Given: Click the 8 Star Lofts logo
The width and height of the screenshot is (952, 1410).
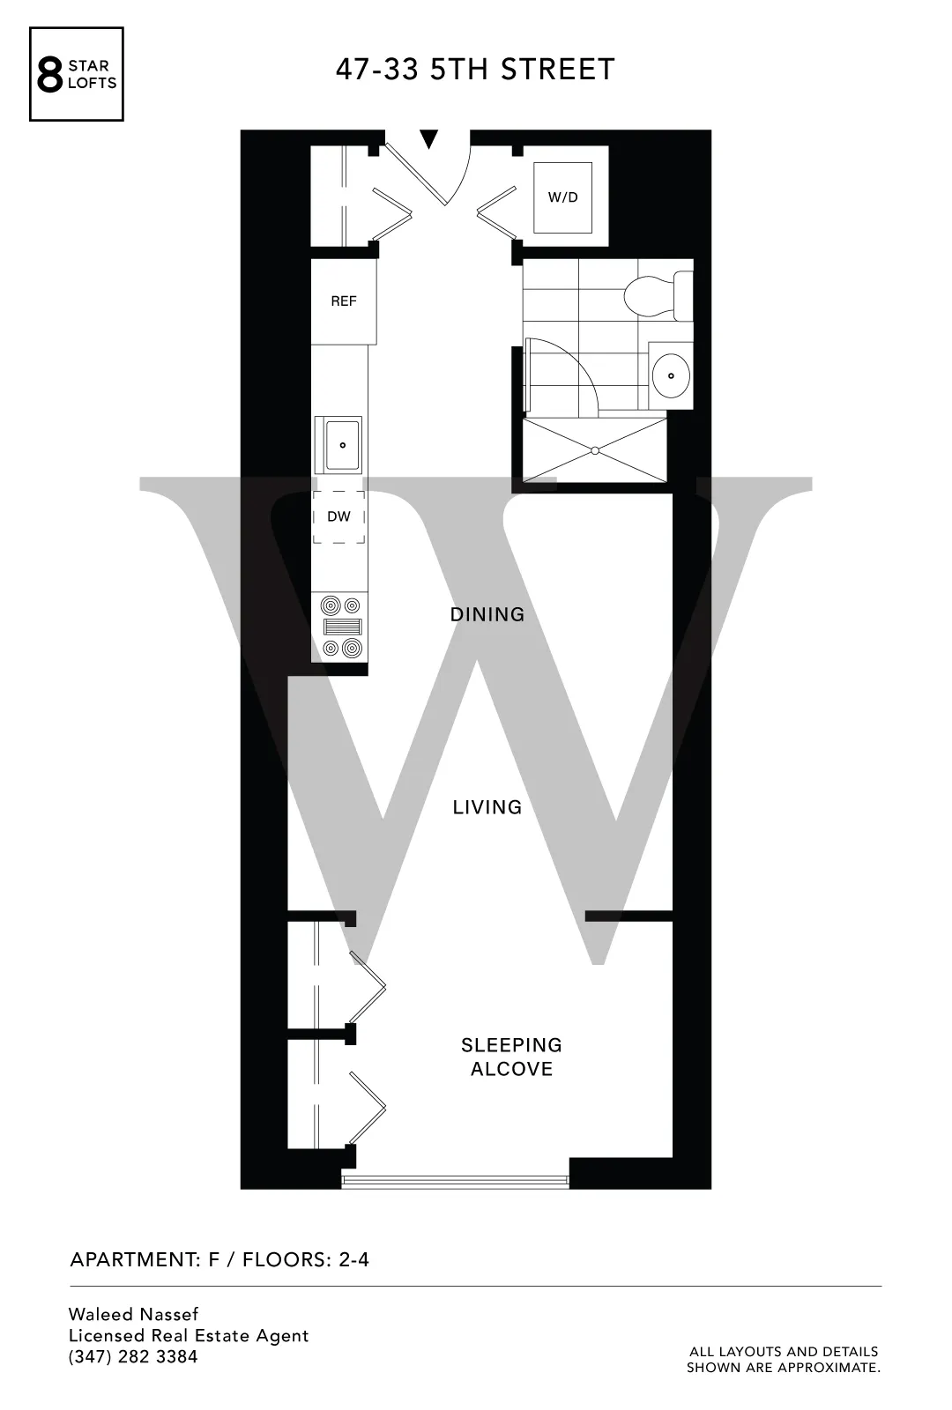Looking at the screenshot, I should point(77,74).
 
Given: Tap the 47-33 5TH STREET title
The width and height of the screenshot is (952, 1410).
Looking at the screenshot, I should point(474,70).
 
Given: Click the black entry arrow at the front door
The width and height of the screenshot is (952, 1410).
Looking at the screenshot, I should point(428,138).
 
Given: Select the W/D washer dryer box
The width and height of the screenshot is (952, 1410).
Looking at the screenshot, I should point(563,197).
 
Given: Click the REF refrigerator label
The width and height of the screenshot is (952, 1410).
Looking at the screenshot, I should point(344,301).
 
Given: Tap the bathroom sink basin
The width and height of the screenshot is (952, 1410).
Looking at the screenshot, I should point(672,376).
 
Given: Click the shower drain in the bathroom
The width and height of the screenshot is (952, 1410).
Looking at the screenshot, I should point(595,450).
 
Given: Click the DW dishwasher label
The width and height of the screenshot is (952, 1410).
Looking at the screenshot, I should point(338,516).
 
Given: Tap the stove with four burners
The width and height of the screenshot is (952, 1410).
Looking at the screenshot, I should point(342,627).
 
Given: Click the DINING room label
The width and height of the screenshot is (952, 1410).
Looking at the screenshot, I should point(487,614).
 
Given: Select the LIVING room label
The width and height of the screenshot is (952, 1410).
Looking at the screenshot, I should point(487,807).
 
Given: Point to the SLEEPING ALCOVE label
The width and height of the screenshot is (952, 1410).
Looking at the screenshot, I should point(511,1057).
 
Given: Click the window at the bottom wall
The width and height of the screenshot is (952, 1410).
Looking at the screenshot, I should point(455,1179).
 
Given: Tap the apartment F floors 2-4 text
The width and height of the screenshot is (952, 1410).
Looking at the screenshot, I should point(219,1259).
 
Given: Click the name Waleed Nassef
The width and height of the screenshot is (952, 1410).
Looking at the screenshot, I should point(134,1314).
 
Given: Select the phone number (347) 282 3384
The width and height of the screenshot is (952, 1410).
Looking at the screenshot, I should point(133,1357).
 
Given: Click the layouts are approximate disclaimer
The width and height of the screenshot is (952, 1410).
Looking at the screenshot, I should point(784,1359).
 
